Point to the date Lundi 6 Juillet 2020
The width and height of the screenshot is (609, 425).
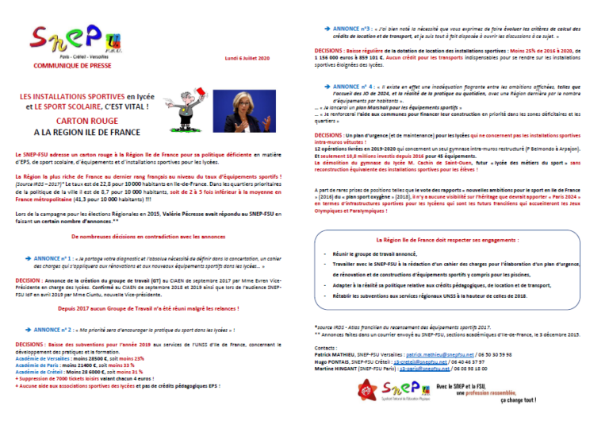coord(247,60)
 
